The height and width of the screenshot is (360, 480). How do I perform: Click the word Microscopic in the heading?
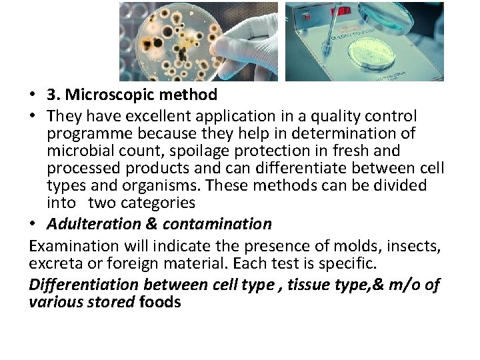tap(106, 95)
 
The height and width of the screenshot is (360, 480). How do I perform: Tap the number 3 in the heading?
tap(52, 95)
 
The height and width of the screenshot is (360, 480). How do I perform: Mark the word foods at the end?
tap(160, 302)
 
